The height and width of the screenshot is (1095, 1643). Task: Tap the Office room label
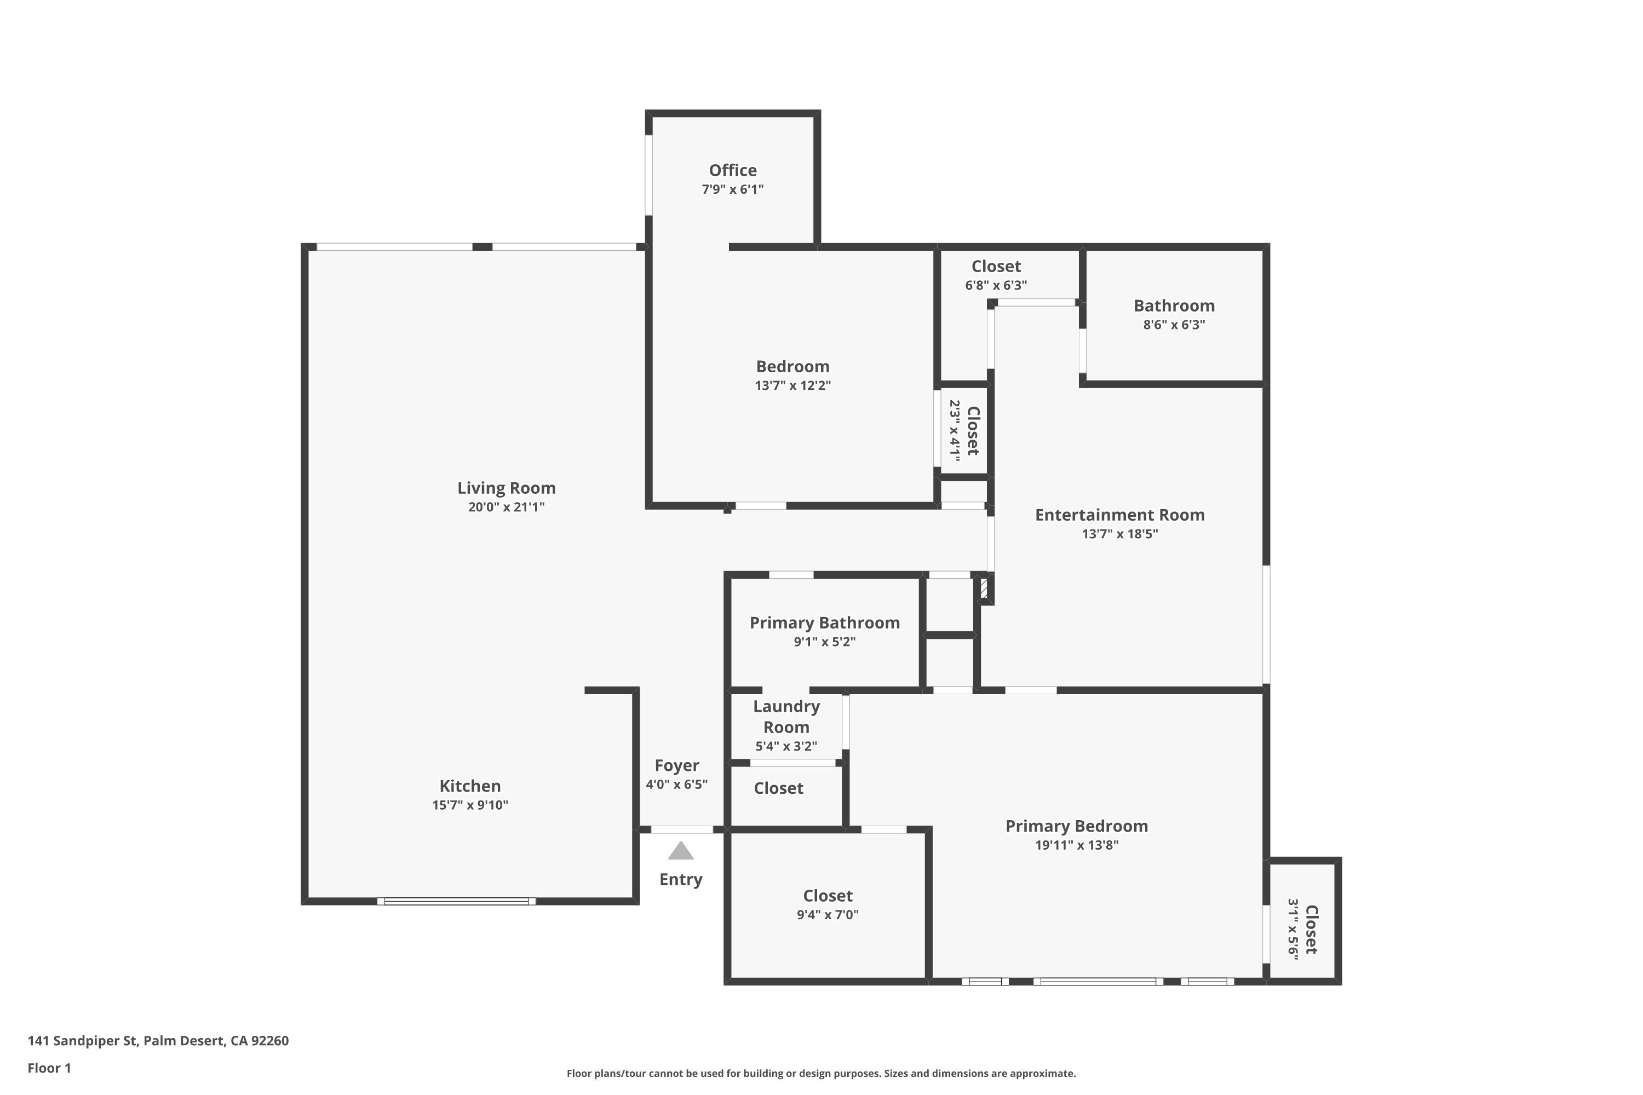coord(733,170)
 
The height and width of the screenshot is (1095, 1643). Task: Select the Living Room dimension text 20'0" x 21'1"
coord(507,507)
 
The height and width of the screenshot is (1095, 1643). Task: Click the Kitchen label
coord(470,786)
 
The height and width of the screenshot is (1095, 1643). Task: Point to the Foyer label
coord(677,765)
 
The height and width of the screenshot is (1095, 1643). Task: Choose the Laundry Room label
coord(786,717)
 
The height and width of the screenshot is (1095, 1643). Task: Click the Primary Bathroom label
coord(825,623)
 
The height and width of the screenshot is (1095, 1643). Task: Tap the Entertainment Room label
coord(1120,515)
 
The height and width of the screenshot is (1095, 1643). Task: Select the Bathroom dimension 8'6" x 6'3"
coord(1174,325)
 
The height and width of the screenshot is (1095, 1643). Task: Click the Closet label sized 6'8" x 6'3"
coord(996,266)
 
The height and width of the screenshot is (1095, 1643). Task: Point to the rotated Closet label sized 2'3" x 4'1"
coord(973,431)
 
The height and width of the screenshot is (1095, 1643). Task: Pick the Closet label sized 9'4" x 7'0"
coord(828,895)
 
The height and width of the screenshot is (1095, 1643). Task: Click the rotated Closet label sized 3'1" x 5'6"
coord(1311,930)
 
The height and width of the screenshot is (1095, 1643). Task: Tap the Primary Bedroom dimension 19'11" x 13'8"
coord(1077,845)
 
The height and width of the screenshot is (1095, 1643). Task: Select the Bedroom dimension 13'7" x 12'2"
coord(793,385)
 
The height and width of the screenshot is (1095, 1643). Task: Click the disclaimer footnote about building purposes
coord(821,1073)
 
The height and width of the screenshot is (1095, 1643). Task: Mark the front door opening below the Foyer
coord(682,829)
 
